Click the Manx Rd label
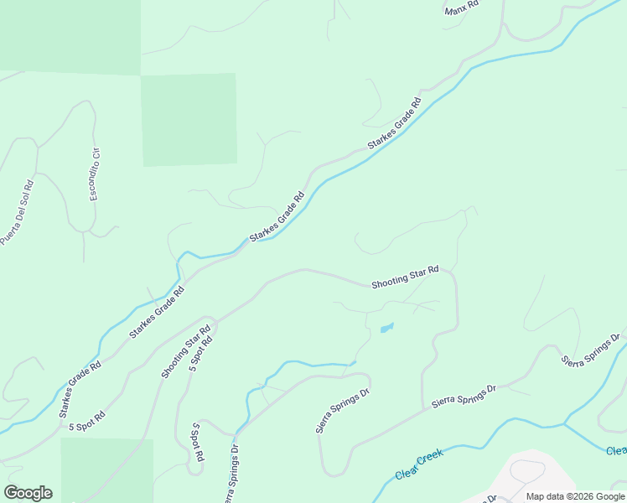tap(461, 8)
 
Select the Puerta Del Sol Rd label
tap(17, 211)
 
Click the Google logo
tap(28, 493)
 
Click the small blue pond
tap(386, 328)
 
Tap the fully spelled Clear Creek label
tap(419, 465)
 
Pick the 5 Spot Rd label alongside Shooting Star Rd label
tap(202, 355)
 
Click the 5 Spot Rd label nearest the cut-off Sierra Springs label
tap(198, 444)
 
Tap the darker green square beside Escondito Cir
tap(188, 119)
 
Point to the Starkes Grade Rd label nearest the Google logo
tap(80, 389)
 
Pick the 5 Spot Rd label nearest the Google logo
tap(86, 421)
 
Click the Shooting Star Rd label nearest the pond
tap(405, 277)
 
